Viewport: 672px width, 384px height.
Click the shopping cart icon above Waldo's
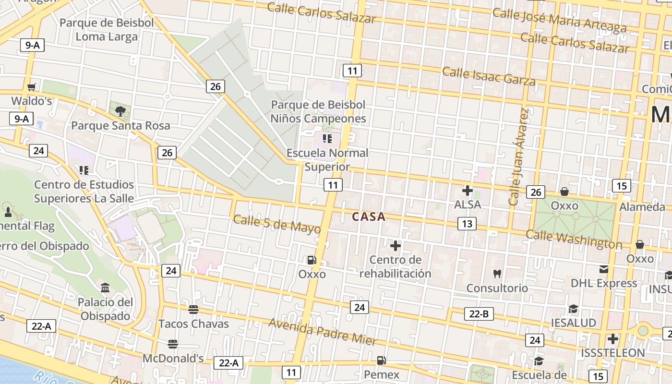32,87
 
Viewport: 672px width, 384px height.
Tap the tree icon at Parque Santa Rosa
120,111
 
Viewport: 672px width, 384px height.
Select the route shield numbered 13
467,223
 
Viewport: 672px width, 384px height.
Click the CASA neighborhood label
369,217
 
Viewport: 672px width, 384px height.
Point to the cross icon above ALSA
467,191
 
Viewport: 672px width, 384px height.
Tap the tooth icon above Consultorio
497,274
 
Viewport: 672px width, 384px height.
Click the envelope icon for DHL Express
603,269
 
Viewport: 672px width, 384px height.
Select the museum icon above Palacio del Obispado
105,288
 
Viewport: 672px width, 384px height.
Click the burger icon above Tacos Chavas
193,310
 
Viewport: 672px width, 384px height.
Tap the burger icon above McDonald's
173,344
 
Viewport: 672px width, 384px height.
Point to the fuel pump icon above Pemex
381,360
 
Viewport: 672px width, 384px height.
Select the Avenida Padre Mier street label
323,332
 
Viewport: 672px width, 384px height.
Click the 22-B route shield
479,314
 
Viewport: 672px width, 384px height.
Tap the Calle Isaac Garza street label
488,76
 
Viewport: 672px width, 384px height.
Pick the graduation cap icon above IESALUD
573,309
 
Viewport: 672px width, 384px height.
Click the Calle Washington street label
574,239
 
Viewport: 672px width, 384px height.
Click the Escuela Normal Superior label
327,160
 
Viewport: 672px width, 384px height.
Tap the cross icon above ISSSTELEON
612,338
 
